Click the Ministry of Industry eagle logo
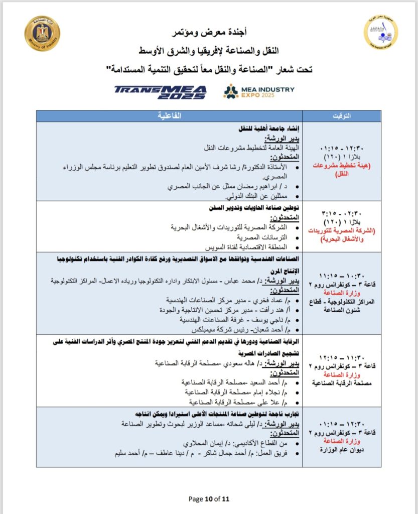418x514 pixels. (42, 33)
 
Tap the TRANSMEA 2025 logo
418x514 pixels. (160, 91)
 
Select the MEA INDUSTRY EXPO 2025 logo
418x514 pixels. (259, 91)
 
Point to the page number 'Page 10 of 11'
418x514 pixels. (209, 499)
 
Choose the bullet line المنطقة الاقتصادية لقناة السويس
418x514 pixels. (246, 247)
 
